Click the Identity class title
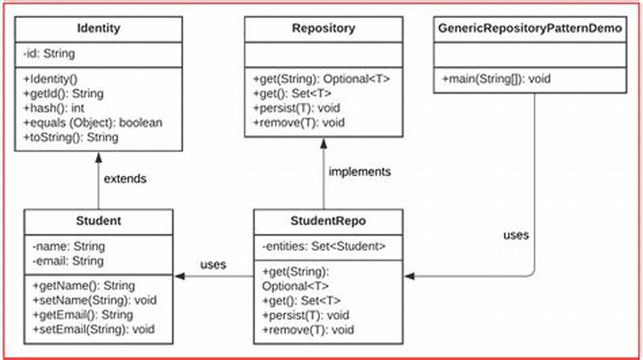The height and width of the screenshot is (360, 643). click(98, 28)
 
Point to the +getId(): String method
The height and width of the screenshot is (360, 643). click(69, 93)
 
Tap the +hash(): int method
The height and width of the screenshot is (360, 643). click(57, 108)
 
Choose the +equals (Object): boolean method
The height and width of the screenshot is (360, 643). click(92, 122)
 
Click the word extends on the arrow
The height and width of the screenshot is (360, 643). click(125, 178)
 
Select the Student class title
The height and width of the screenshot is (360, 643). click(98, 220)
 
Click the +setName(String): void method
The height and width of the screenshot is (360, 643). click(92, 300)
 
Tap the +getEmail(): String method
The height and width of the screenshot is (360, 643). click(83, 314)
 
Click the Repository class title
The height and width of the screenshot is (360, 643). click(323, 28)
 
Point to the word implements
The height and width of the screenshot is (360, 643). click(360, 172)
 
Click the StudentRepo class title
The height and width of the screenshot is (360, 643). click(328, 220)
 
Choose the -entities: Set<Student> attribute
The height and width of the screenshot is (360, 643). click(324, 246)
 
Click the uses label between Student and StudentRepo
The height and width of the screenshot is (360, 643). click(213, 264)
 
